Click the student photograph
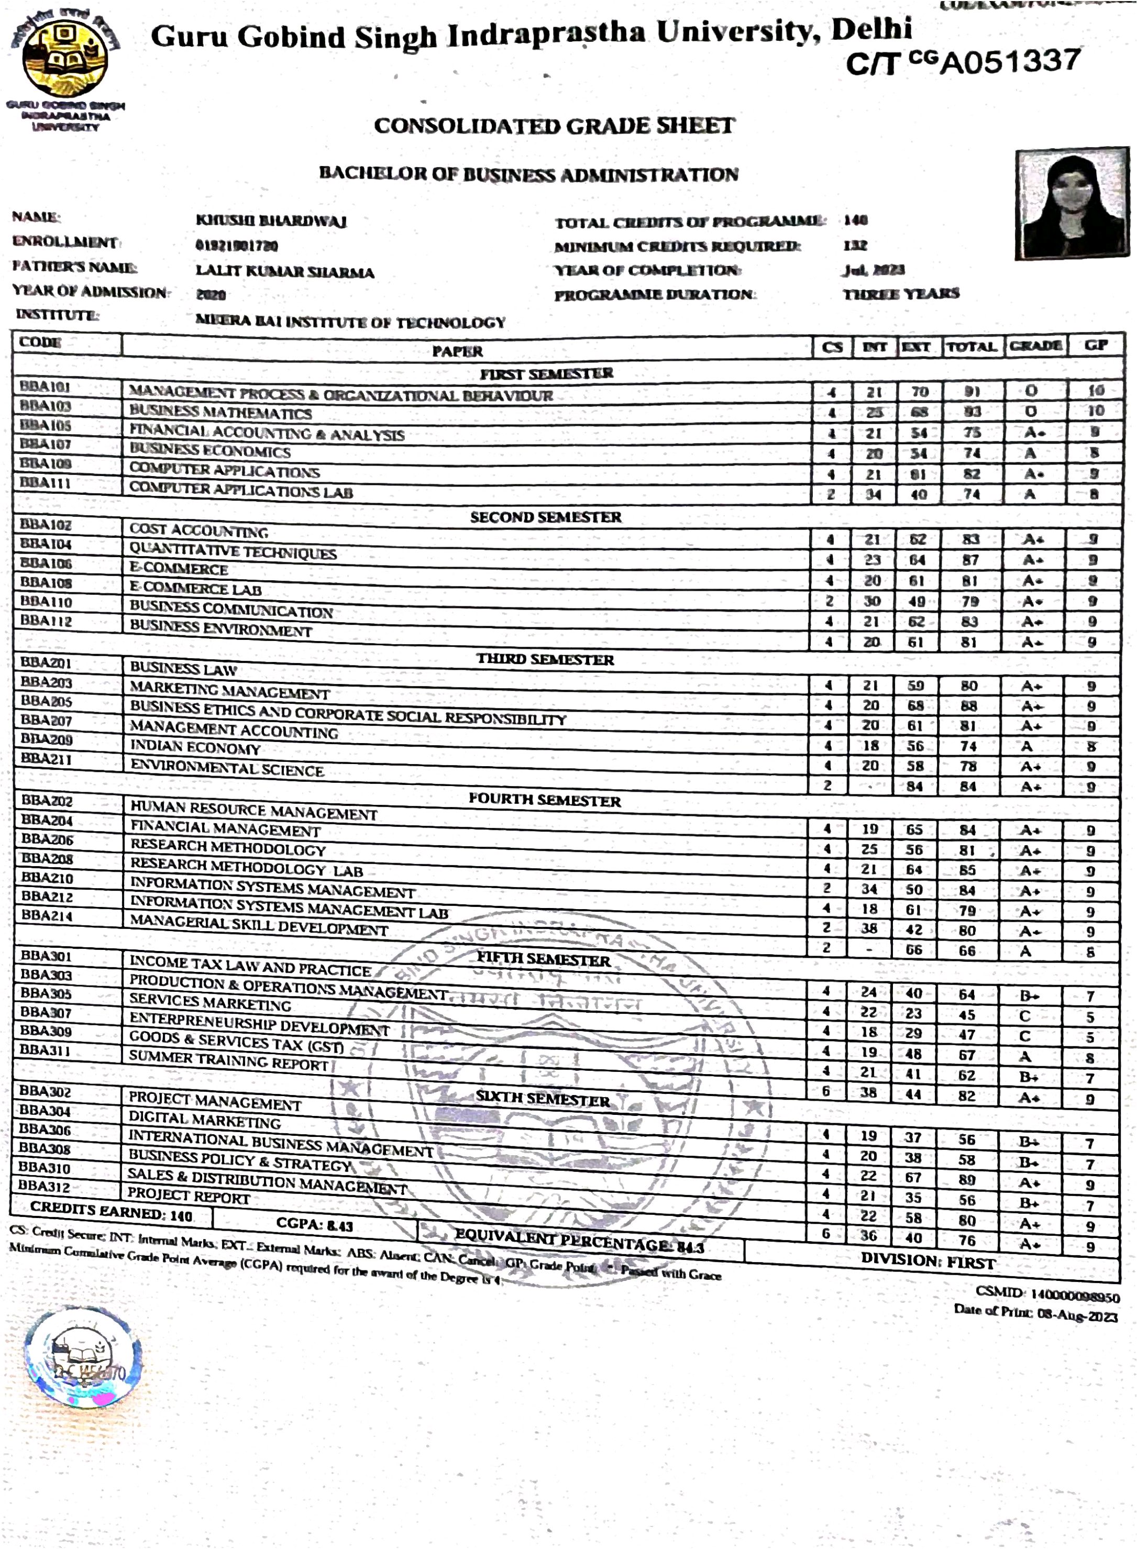tap(1072, 203)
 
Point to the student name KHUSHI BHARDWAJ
tap(271, 221)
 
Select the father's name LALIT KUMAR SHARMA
tap(285, 272)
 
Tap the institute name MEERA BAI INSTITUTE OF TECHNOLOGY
tap(350, 322)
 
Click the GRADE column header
tap(1035, 346)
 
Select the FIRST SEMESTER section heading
tap(546, 374)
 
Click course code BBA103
tap(46, 406)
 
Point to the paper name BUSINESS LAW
tap(184, 668)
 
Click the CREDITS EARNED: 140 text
tap(112, 1212)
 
